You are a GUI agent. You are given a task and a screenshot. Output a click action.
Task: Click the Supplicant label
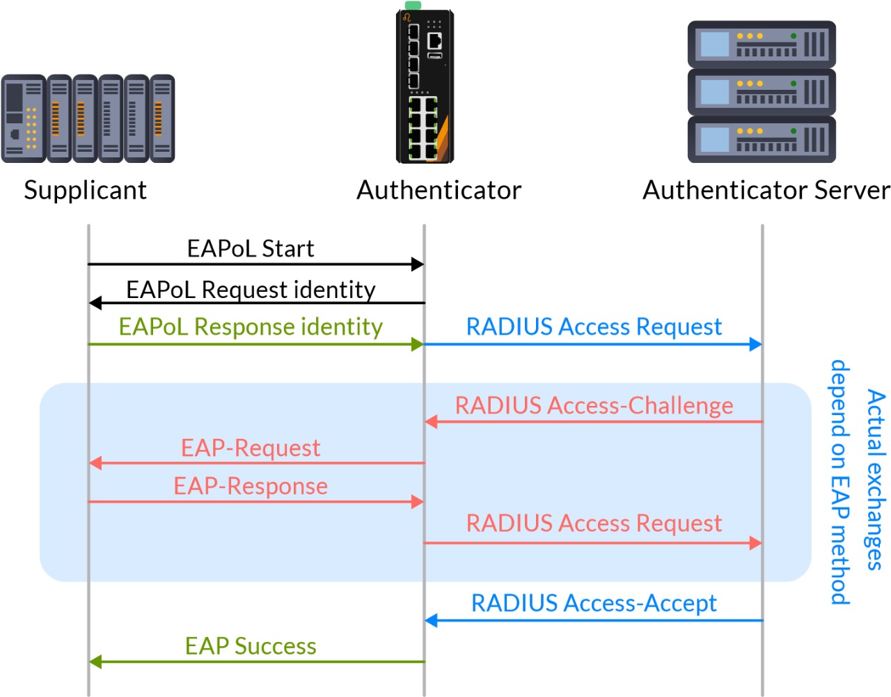(85, 190)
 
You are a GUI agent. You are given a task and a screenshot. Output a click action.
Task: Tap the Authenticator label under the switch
(439, 190)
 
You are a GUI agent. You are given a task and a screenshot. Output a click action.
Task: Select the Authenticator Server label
(766, 190)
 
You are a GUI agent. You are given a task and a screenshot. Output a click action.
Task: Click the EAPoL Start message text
(251, 249)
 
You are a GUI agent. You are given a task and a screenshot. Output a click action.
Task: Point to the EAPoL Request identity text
(251, 289)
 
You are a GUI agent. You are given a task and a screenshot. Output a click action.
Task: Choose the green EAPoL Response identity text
(251, 327)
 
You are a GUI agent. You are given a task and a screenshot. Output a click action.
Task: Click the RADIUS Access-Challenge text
(594, 405)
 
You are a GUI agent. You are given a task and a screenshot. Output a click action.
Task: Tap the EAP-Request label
(251, 448)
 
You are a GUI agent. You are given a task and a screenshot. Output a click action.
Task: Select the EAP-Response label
(251, 486)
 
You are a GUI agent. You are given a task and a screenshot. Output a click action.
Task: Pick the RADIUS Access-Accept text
(594, 603)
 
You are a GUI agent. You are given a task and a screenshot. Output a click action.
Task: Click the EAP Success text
(251, 646)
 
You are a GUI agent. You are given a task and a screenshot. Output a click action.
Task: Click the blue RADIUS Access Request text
(594, 327)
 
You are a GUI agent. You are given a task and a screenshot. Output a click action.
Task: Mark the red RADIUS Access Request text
(594, 523)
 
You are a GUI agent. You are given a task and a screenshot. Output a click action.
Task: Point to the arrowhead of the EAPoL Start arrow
(418, 264)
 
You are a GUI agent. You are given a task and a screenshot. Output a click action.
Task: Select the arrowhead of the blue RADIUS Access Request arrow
(756, 344)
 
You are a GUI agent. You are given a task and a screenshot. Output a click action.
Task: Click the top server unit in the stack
(762, 44)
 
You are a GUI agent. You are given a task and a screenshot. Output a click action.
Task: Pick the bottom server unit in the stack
(762, 139)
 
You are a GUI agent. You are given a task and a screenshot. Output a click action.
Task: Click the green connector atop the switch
(413, 5)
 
